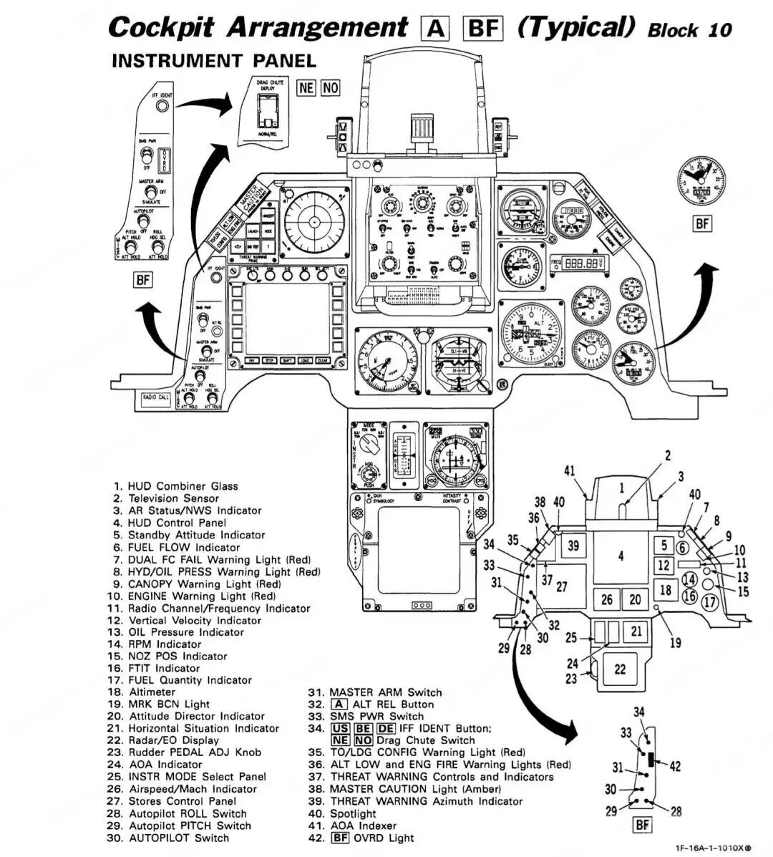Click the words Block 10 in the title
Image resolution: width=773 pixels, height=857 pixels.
pos(689,29)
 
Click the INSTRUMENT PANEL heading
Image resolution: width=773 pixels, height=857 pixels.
pos(213,61)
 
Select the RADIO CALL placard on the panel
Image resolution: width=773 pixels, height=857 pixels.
pos(156,397)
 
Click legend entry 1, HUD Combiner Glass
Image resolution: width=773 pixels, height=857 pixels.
pos(176,486)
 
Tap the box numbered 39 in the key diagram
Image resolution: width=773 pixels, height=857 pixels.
pos(573,546)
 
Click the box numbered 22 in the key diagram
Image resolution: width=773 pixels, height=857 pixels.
pos(620,669)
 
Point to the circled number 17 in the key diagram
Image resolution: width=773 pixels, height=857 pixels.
pos(710,602)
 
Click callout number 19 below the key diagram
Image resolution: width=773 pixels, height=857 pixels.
pos(675,643)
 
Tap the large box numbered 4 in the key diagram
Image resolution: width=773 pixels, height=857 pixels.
pos(620,556)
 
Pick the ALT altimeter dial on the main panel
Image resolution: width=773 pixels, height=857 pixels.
pos(532,331)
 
